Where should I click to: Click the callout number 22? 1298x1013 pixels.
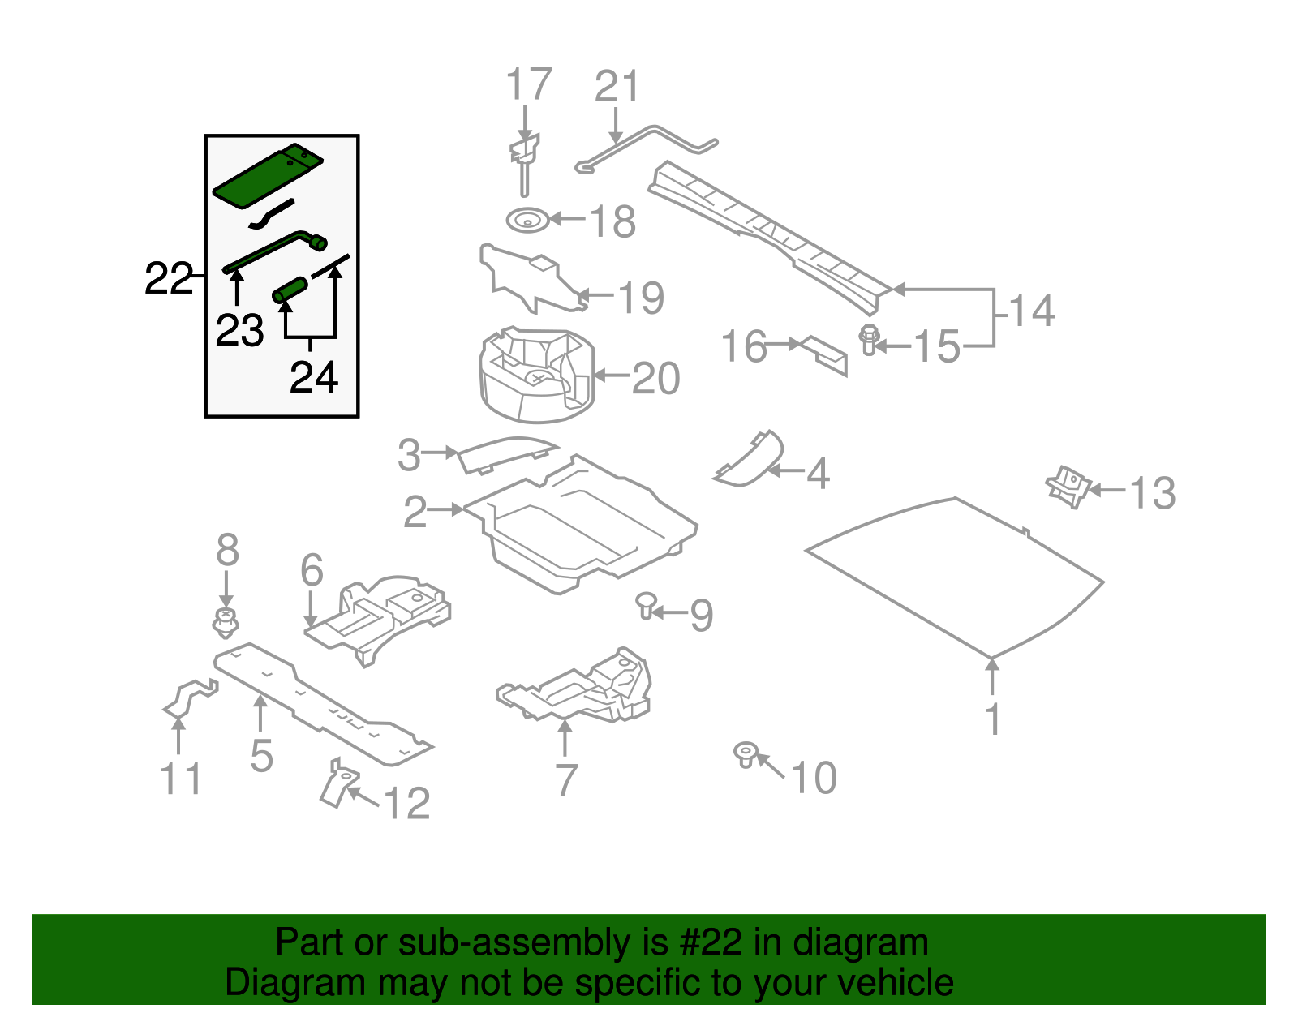tap(168, 279)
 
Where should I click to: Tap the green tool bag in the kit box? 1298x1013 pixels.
tap(264, 177)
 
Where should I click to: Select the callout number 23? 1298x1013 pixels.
tap(239, 331)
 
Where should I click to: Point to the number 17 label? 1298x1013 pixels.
tap(528, 86)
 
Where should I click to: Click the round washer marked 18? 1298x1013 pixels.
tap(526, 219)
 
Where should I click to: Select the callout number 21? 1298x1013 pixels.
tap(617, 88)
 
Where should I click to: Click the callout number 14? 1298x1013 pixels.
tap(1031, 311)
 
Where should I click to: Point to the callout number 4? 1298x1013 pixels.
tap(818, 474)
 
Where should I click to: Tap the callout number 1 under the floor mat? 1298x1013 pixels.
tap(993, 720)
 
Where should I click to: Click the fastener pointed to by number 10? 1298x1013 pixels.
tap(745, 754)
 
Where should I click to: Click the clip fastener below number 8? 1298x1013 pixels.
tap(226, 623)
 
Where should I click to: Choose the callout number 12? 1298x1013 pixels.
tap(406, 804)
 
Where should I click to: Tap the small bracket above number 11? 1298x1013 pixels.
tap(190, 697)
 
